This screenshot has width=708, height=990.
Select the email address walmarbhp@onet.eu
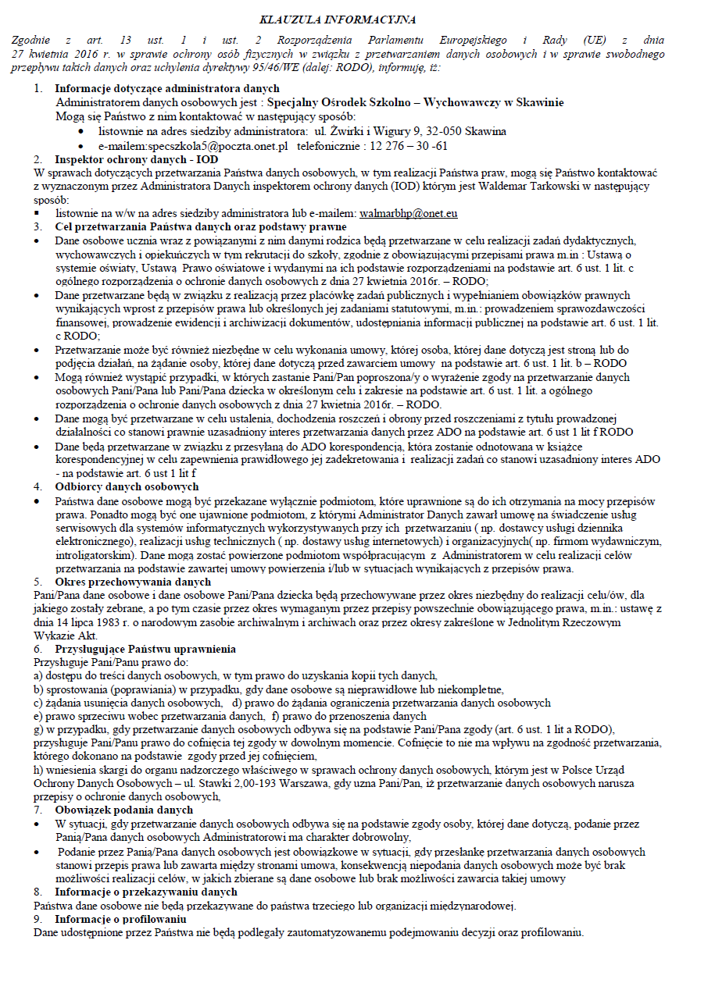tap(408, 213)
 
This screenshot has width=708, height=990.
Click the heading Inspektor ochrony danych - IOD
tap(131, 158)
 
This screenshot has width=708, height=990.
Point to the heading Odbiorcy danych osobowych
tap(127, 486)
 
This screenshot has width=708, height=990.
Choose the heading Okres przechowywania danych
tap(133, 582)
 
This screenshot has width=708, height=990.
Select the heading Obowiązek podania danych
tap(123, 810)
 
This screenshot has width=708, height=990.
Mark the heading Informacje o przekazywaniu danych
tap(146, 892)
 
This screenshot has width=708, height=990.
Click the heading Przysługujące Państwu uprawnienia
tap(145, 650)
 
